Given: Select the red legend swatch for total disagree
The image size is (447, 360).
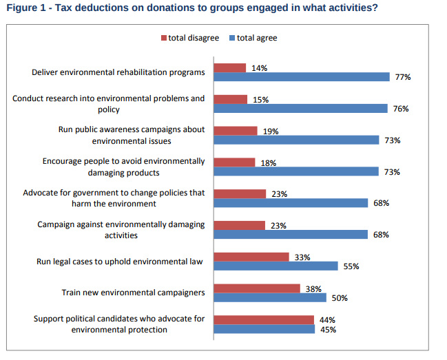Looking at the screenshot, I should point(165,38).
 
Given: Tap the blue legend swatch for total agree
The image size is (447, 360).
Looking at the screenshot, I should point(233,38).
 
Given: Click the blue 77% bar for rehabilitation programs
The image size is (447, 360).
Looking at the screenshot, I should point(301,77).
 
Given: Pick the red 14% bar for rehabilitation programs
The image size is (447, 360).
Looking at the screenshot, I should point(229,67).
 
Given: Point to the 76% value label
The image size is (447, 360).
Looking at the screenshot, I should point(401,109).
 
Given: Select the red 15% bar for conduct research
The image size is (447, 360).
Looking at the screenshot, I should point(230,99).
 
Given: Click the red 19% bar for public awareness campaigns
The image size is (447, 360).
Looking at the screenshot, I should point(236,130).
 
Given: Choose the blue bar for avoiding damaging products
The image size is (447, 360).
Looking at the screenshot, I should point(296,171).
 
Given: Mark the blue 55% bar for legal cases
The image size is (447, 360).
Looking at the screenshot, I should point(276,266).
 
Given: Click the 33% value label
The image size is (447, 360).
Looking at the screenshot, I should point(302,257).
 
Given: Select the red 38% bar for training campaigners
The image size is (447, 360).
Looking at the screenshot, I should point(257,288).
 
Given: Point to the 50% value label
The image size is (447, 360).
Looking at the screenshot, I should point(340,298).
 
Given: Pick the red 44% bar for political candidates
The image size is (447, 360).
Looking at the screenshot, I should point(264,319).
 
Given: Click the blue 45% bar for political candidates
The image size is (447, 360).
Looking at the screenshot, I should point(264,329).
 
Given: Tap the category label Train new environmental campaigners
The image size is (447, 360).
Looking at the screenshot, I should point(133,293).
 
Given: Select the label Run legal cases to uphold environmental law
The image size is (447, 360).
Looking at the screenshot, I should point(121,262).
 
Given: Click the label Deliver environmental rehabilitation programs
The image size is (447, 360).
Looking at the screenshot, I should point(118,72).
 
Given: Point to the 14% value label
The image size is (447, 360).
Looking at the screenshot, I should point(259,68).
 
